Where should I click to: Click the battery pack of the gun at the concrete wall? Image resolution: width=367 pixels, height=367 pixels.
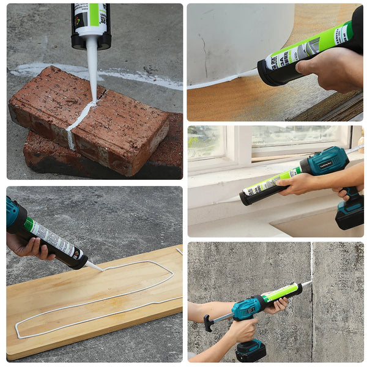pos(250,350)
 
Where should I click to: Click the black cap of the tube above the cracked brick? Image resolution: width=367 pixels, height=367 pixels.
pos(91,42)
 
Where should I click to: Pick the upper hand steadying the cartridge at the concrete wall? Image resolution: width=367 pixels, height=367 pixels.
pos(275,306)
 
